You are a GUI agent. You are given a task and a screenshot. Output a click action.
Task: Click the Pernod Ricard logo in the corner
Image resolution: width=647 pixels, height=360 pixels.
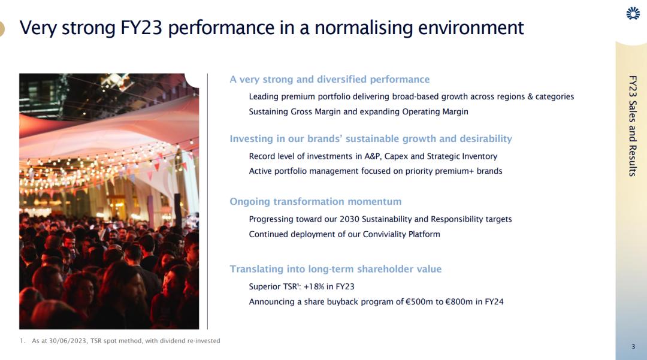(x=633, y=13)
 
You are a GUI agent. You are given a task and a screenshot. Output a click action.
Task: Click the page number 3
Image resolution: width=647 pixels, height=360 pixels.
(x=633, y=346)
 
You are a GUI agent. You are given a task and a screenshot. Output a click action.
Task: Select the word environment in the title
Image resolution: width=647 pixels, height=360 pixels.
(x=471, y=28)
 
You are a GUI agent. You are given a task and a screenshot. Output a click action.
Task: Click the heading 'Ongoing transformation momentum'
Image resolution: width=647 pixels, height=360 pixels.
(x=315, y=201)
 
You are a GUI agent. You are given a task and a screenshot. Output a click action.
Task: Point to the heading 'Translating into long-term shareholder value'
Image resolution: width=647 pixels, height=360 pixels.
(x=335, y=269)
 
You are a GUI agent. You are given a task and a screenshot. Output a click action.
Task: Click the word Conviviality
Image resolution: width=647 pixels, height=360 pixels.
(x=384, y=234)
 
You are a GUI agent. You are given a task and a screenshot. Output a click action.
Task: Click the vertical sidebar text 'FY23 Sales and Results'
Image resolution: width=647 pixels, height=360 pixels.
(x=633, y=126)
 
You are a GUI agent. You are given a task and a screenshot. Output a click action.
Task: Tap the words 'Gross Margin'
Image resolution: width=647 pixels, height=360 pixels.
(x=317, y=112)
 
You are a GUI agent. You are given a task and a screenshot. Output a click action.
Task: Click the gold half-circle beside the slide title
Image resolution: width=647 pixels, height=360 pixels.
(x=2, y=29)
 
